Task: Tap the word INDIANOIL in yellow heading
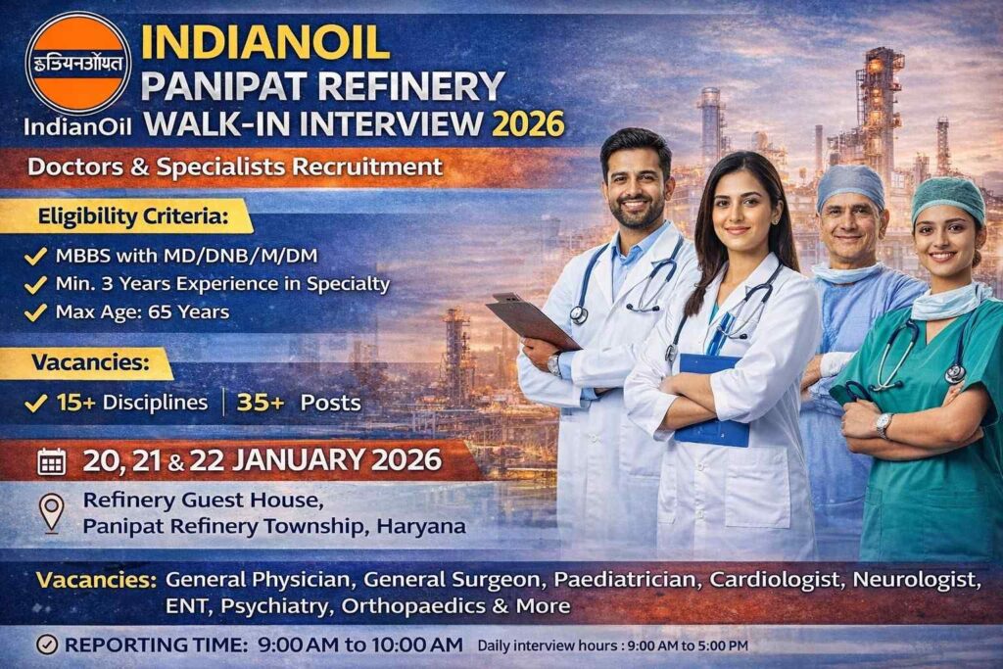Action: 265,42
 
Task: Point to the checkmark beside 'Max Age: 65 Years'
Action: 36,312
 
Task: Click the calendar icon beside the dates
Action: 52,461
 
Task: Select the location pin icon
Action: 51,512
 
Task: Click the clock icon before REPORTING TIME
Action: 45,645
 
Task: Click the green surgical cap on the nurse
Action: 947,199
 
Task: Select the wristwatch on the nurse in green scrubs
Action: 884,425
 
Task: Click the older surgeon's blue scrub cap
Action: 850,183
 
